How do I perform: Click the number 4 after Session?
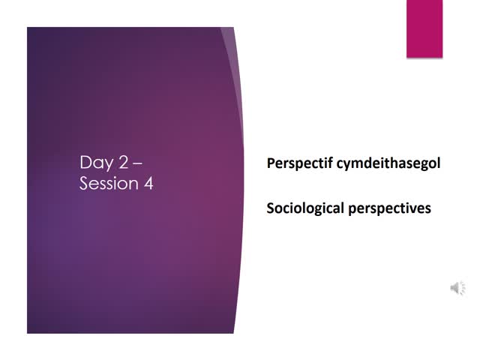coord(148,184)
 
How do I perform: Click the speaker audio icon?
coord(457,288)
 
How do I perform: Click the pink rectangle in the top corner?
coord(424,28)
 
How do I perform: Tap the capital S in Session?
coord(85,184)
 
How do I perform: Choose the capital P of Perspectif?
coord(271,163)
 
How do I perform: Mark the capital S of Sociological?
coord(271,207)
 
